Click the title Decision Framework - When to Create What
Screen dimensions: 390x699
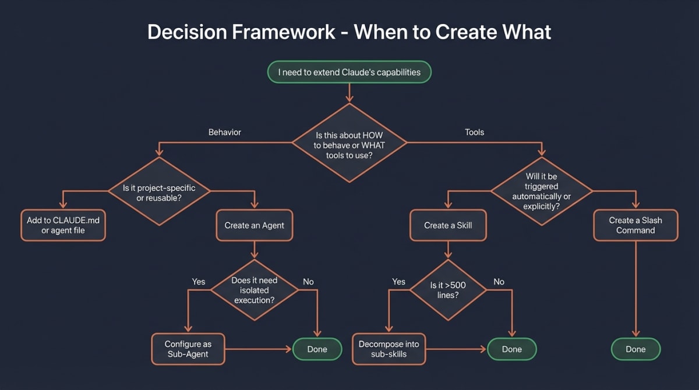click(349, 31)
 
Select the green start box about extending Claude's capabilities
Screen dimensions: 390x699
click(349, 73)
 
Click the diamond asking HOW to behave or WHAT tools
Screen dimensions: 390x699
click(349, 143)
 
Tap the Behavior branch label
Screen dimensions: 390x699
click(224, 132)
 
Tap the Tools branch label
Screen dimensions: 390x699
click(474, 132)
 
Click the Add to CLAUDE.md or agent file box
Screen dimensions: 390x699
click(62, 225)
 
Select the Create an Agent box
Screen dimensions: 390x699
click(255, 225)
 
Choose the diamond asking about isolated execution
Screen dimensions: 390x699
click(255, 290)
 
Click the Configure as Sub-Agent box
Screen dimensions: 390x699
click(188, 349)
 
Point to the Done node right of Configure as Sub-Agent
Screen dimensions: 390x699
click(317, 349)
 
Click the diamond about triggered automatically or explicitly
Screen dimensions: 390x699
click(542, 192)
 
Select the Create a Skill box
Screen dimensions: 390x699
click(448, 225)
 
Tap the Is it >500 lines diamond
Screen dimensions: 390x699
click(448, 290)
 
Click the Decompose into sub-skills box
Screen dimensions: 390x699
click(389, 349)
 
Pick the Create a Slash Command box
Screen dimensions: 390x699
click(636, 225)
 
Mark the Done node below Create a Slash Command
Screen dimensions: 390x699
click(636, 349)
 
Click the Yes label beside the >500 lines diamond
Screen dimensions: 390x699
click(398, 282)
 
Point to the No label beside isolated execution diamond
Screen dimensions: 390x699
click(308, 282)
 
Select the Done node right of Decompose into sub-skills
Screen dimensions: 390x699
click(511, 349)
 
